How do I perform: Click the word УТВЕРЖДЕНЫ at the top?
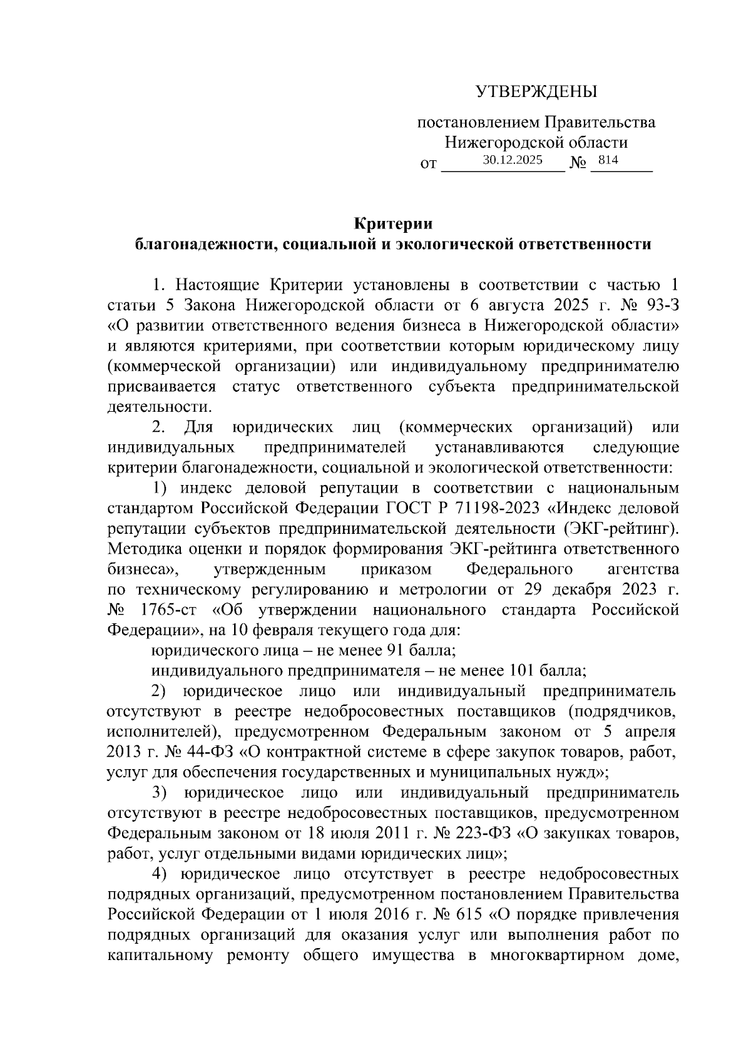(536, 93)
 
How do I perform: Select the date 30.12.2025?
(512, 160)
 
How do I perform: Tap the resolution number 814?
(608, 160)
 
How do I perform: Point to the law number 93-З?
(657, 305)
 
